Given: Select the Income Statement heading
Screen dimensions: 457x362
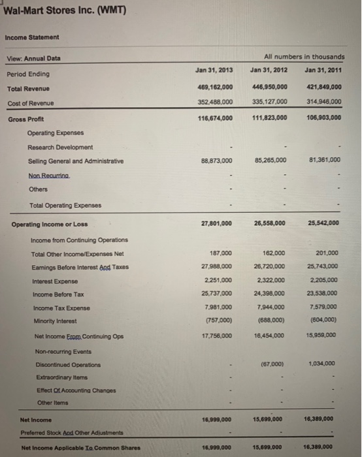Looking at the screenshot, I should click(33, 37).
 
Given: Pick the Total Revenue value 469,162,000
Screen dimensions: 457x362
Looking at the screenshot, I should click(213, 88).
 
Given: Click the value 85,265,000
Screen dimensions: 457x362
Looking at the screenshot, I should click(269, 161).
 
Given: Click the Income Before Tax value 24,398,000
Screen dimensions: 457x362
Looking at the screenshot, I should click(269, 294).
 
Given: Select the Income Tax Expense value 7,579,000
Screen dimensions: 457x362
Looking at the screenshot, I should click(322, 307).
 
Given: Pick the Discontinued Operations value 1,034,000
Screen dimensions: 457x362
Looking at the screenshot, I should click(323, 364).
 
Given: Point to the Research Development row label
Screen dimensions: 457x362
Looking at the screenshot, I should click(60, 147).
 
